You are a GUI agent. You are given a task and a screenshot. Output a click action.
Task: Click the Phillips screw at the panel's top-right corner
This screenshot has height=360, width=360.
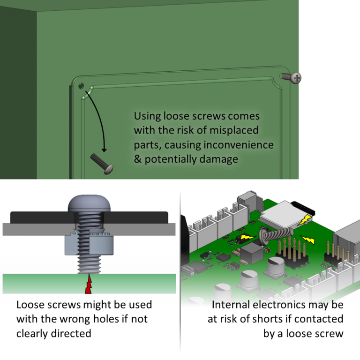point(296,77)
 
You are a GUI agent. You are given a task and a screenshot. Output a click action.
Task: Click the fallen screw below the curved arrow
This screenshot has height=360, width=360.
point(103,162)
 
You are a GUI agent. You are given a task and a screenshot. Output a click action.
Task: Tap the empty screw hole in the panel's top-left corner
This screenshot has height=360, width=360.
point(81,86)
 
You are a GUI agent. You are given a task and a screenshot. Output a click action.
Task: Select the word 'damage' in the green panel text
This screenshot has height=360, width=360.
point(221,159)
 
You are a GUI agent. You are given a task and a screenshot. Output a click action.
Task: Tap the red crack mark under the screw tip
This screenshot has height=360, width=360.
point(88,284)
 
